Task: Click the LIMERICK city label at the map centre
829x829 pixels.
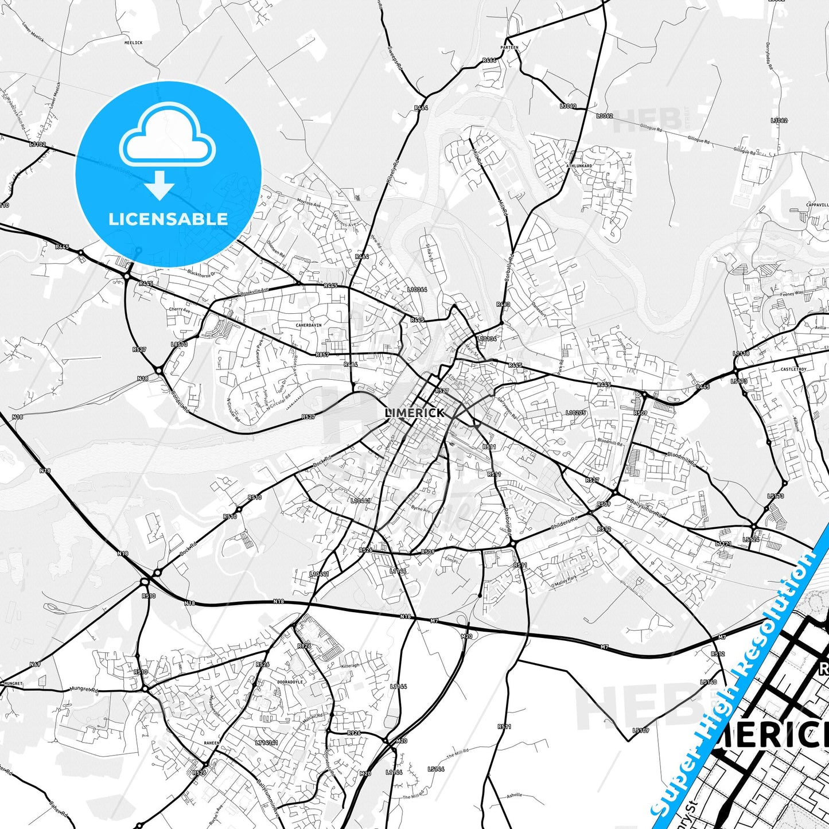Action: pyautogui.click(x=415, y=412)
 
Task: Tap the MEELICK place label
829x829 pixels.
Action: pyautogui.click(x=133, y=42)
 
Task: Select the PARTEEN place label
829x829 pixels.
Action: pyautogui.click(x=509, y=48)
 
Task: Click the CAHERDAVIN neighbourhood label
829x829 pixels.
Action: pyautogui.click(x=309, y=325)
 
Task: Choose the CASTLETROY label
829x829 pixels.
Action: pyautogui.click(x=793, y=369)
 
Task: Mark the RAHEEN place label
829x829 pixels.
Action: pyautogui.click(x=212, y=742)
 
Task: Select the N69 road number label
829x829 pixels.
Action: pyautogui.click(x=35, y=664)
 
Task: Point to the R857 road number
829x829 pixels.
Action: pyautogui.click(x=322, y=355)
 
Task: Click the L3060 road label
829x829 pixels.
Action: pyautogui.click(x=568, y=106)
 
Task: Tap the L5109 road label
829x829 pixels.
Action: pyautogui.click(x=641, y=730)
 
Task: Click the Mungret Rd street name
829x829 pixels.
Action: pyautogui.click(x=84, y=689)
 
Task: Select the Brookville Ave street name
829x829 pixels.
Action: pyautogui.click(x=254, y=291)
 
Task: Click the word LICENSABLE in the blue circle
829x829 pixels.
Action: pyautogui.click(x=168, y=219)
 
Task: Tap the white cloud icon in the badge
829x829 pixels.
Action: pyautogui.click(x=168, y=141)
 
